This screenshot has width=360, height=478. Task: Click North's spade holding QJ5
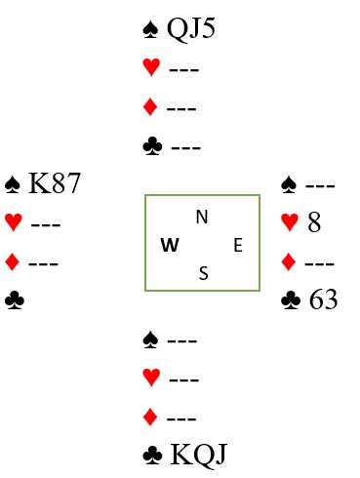pos(191,29)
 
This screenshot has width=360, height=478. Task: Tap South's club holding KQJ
pos(198,455)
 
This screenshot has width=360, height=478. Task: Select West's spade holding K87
pos(55,183)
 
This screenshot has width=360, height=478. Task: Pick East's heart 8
pos(314,222)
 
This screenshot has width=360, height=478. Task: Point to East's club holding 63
pos(323,299)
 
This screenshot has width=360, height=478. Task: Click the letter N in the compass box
pos(202,217)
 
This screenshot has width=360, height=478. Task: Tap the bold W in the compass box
pos(170,245)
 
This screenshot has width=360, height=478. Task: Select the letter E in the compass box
pos(238,245)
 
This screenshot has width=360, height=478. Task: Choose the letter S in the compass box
pos(204,273)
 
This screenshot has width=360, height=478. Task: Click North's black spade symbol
pos(150,29)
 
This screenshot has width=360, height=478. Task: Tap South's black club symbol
pos(152,455)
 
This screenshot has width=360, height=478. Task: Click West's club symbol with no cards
pos(15,300)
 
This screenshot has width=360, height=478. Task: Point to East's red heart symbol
pos(290,222)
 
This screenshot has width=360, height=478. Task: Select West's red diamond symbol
pos(13,262)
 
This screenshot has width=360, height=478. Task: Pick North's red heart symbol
pos(151,67)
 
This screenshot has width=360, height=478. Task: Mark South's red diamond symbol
pos(150,418)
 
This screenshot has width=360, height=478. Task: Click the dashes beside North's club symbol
pos(186,148)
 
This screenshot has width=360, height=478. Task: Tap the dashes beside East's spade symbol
pos(320,186)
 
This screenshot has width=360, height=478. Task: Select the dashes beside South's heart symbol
pos(184,379)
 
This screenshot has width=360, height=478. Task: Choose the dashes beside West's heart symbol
pos(46,224)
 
